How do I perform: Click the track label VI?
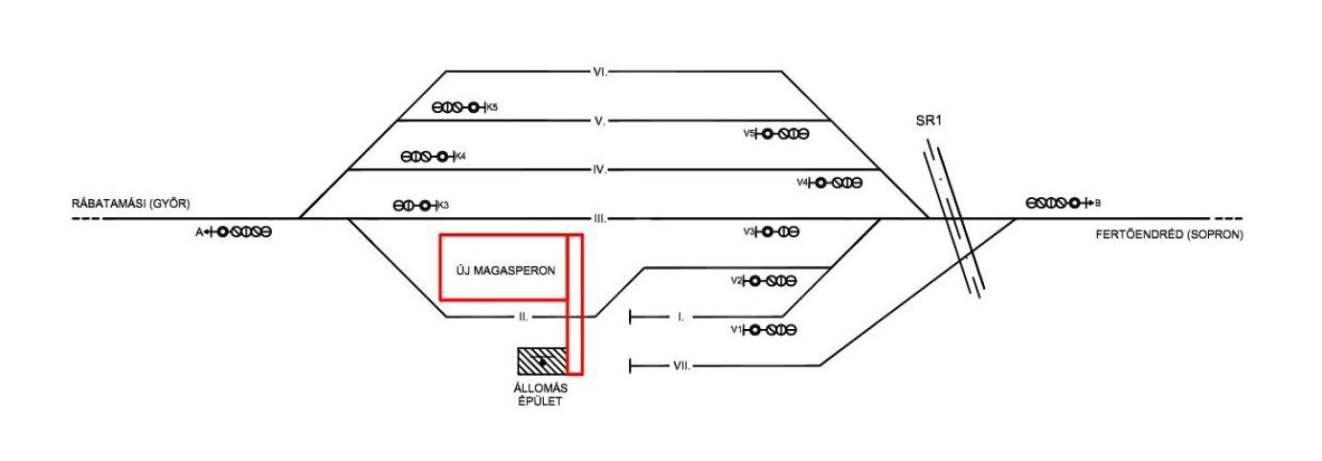tap(600, 72)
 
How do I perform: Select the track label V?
tap(600, 121)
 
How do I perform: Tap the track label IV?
tap(600, 170)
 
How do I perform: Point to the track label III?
tap(600, 219)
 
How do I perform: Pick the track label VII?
tap(681, 365)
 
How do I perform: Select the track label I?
tap(681, 317)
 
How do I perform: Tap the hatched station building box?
tap(542, 361)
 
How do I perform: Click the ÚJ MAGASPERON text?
tap(502, 271)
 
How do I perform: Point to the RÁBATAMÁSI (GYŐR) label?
tap(131, 204)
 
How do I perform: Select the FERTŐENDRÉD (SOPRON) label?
tap(1169, 234)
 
